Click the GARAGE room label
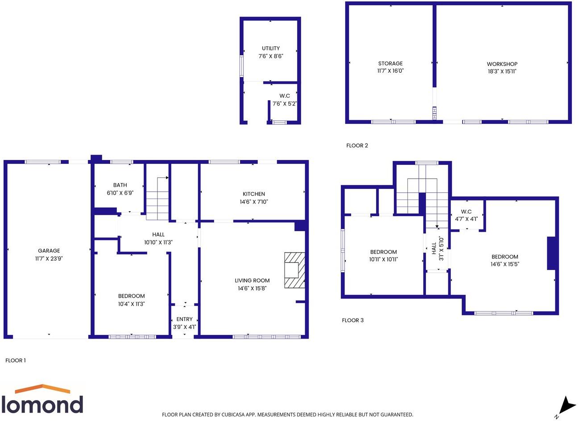[49, 251]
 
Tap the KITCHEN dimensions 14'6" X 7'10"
[254, 202]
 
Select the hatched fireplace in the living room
[295, 270]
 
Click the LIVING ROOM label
[252, 280]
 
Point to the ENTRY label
[184, 319]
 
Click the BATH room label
[120, 185]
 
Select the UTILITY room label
[271, 48]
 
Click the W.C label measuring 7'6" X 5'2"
[285, 96]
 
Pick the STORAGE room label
[390, 63]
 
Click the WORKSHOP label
[502, 64]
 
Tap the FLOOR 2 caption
[357, 145]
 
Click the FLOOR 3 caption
[352, 320]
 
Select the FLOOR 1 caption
[16, 360]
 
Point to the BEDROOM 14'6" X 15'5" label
[505, 257]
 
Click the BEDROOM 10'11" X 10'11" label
[383, 252]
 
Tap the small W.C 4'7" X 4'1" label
[466, 211]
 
